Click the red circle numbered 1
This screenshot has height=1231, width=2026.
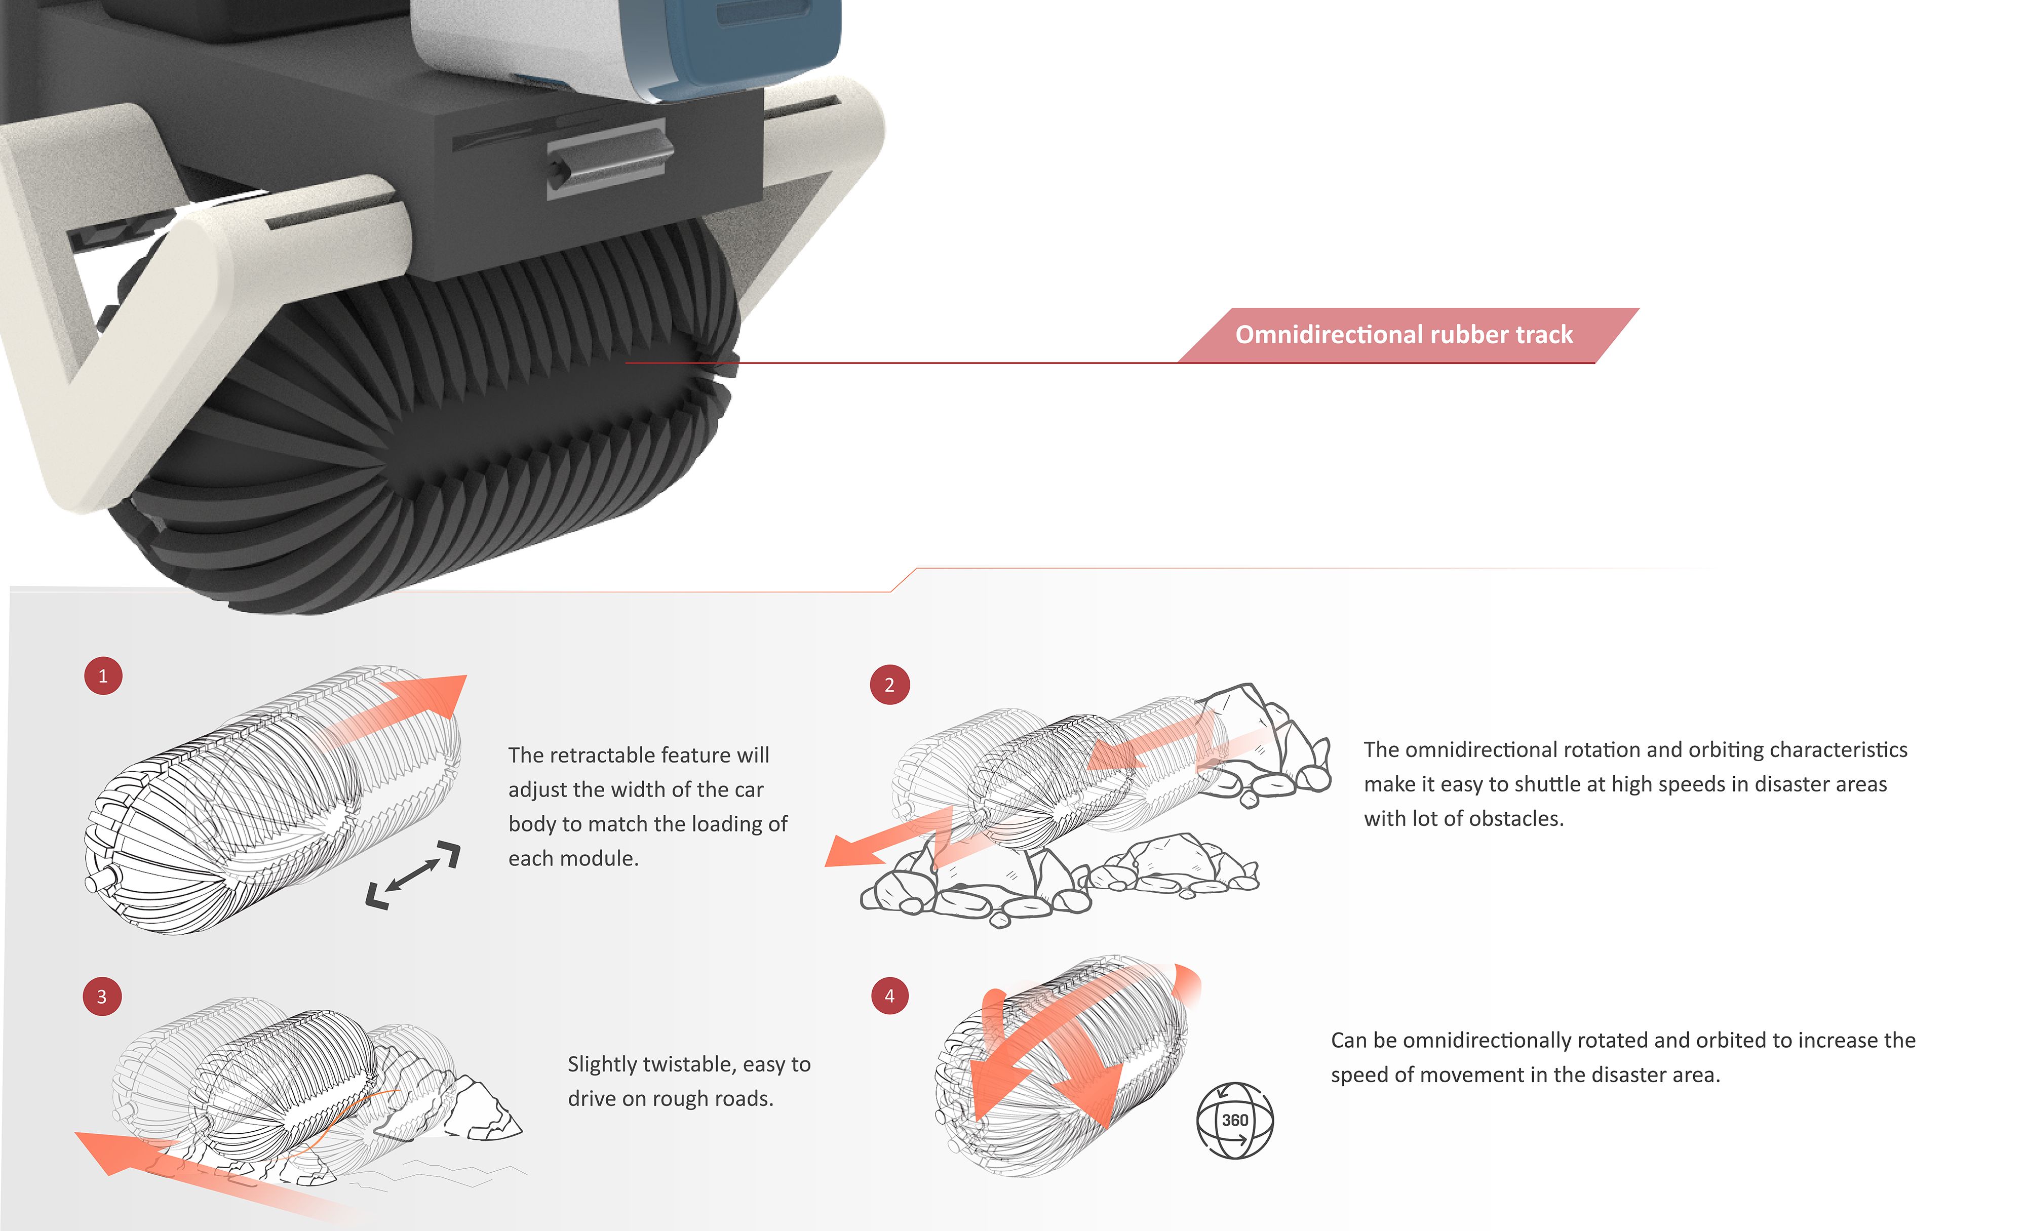pos(103,676)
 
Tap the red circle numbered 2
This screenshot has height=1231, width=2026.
pos(889,685)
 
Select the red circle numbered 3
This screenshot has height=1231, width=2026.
pos(102,997)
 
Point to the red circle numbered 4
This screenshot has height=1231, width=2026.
pos(889,996)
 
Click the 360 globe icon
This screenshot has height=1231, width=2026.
pos(1234,1121)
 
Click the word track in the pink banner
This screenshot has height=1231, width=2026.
pos(1544,335)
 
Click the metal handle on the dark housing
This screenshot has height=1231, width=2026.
pos(608,156)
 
